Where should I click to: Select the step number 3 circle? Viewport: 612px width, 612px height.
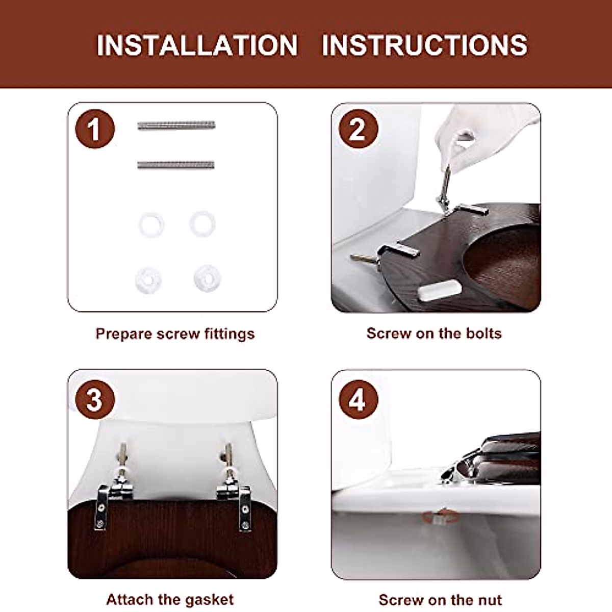pos(95,399)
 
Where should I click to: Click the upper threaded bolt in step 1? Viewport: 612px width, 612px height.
pos(176,125)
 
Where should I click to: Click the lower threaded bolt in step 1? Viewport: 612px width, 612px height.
pos(176,165)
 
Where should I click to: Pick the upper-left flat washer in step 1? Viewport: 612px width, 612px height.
pos(150,225)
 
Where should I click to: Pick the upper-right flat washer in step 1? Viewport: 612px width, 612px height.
pos(202,223)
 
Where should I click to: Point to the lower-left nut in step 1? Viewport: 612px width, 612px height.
pos(149,278)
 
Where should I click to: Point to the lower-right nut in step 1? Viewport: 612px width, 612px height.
pos(207,277)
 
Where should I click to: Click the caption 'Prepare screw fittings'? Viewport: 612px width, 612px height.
pos(175,334)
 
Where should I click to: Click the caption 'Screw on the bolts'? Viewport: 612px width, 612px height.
pos(434,334)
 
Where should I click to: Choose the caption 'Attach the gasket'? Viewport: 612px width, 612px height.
pos(170,599)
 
